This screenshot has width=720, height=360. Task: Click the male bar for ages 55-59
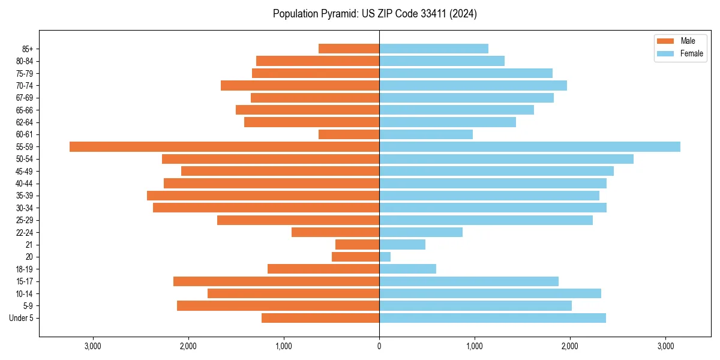point(224,147)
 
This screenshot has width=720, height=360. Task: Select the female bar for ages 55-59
point(530,147)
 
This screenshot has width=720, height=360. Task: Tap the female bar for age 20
point(385,257)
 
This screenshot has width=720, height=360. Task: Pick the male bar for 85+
point(349,49)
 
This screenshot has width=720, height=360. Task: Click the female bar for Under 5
point(493,318)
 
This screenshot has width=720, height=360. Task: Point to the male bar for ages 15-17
point(276,281)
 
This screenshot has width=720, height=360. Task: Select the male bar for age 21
point(357,245)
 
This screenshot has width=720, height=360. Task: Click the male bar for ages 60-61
point(349,134)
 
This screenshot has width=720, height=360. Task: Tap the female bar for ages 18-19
point(407,269)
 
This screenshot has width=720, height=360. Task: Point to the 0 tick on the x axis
point(379,346)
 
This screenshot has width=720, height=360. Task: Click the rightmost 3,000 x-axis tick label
point(665,346)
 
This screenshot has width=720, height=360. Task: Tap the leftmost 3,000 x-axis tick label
point(93,346)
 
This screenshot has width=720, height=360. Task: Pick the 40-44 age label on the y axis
point(25,184)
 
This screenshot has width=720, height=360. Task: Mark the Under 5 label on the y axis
point(22,318)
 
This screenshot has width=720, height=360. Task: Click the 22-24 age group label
point(25,233)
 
